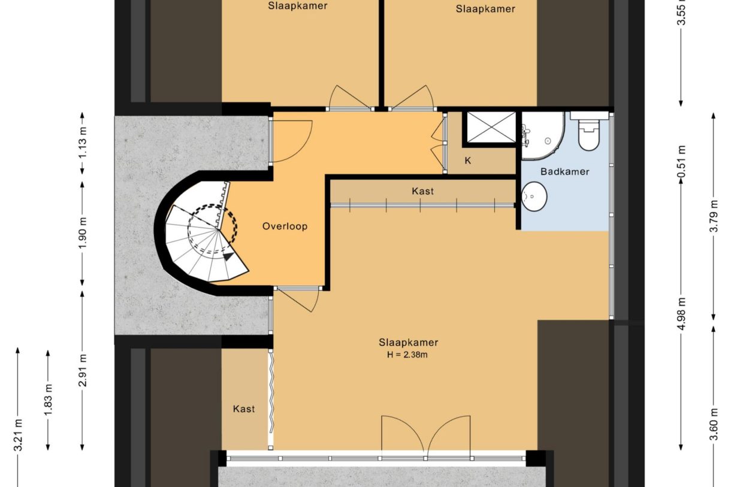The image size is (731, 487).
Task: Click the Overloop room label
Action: tap(285, 226)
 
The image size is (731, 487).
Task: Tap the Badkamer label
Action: tap(564, 172)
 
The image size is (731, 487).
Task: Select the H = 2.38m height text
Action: tap(408, 355)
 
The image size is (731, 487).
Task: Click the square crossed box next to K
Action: tap(490, 128)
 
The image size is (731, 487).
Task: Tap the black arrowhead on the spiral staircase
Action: tap(228, 256)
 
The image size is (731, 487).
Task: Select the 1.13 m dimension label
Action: tap(83, 143)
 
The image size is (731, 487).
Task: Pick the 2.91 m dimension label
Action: tap(83, 371)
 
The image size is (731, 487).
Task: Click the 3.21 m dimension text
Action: tap(19, 435)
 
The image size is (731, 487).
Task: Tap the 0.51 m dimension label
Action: tap(681, 161)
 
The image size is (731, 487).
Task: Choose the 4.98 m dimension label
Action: tap(681, 308)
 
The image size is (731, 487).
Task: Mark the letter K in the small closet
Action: tap(467, 161)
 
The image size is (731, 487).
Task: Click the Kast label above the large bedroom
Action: tap(422, 192)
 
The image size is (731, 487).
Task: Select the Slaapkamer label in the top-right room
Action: tap(485, 8)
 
